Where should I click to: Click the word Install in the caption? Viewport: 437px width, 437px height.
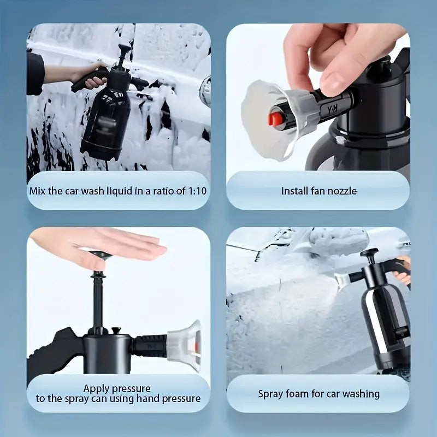click(294, 191)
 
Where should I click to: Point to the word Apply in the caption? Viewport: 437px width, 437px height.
click(97, 388)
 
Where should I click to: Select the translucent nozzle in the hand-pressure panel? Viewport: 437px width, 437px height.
click(185, 341)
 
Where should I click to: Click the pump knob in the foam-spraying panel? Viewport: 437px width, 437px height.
click(369, 253)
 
